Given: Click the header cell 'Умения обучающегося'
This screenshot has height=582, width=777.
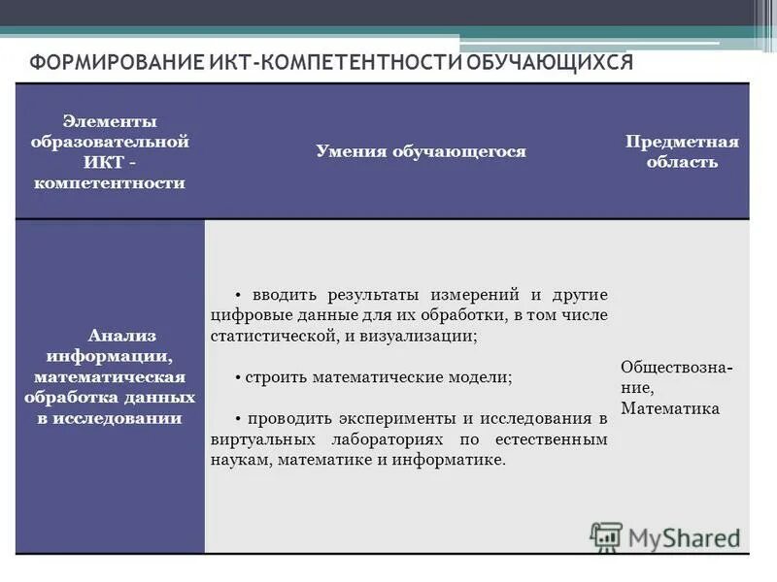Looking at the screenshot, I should tap(421, 151).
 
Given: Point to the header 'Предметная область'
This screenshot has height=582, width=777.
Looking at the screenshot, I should tap(682, 151).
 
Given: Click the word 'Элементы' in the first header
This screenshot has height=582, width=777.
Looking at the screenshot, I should tap(110, 121).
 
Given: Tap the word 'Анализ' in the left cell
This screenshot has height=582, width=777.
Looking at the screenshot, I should tap(116, 336).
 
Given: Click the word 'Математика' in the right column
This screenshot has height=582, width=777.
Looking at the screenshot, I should tap(670, 408).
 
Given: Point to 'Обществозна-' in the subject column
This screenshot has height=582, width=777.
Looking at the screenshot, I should tap(677, 368).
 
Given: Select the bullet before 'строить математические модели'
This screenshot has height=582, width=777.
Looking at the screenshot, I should tap(238, 376).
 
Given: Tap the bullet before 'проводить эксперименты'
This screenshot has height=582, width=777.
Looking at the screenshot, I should tap(238, 419).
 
